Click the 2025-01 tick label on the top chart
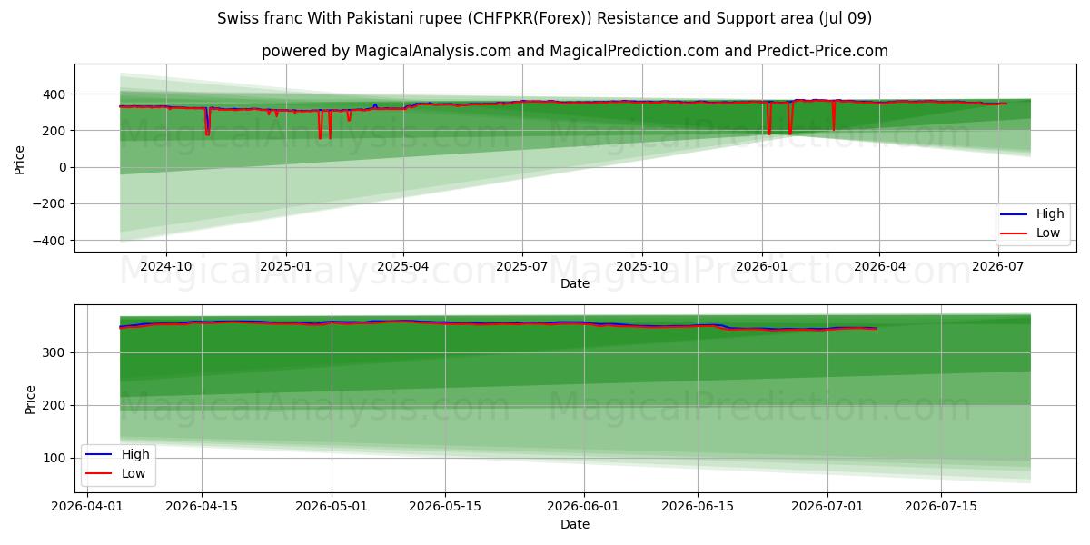[x=285, y=267]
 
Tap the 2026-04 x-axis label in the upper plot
[x=879, y=267]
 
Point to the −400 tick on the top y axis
[x=49, y=241]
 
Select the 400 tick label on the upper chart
[x=54, y=94]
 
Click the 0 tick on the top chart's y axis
[x=63, y=167]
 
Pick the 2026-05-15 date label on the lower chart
[x=445, y=507]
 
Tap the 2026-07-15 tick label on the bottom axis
[x=941, y=507]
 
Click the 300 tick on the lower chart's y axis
[x=54, y=352]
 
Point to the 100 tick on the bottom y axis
[x=54, y=459]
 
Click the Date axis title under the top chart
[x=575, y=283]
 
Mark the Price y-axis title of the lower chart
[x=30, y=400]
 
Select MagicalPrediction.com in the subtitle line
[x=635, y=51]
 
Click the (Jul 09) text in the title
[x=846, y=18]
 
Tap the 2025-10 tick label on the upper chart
[x=642, y=267]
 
